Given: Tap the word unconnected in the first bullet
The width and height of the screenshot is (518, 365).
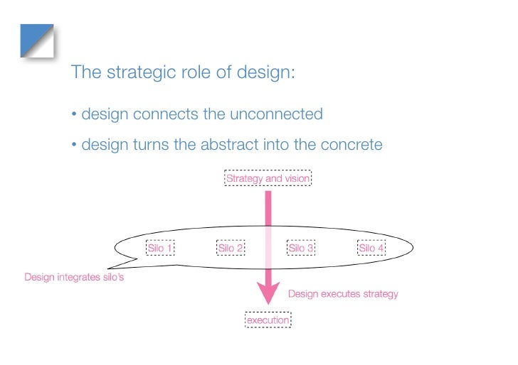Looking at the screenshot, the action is click(x=279, y=114).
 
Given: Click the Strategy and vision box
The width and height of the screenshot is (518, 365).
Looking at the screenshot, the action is click(x=268, y=179).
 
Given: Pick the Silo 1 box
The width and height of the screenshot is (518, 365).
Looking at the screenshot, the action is click(x=160, y=248).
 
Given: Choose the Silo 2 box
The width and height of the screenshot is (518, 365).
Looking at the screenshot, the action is click(x=231, y=248).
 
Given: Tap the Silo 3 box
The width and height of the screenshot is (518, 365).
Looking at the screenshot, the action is click(x=301, y=248).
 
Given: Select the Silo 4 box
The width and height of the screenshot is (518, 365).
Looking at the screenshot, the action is click(x=371, y=248).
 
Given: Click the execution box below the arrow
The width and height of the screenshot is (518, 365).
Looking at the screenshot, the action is click(x=268, y=320).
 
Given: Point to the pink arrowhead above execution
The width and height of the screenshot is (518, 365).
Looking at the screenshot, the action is click(x=268, y=293).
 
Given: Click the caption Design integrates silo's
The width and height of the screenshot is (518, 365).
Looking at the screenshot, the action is click(x=74, y=277).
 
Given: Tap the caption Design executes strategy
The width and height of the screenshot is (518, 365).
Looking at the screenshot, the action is click(x=343, y=293).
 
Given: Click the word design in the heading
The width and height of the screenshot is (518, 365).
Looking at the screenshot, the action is click(x=265, y=73).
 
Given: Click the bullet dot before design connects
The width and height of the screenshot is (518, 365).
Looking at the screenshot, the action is click(x=74, y=115).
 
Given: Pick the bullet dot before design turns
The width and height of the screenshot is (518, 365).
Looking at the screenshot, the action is click(x=74, y=146).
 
